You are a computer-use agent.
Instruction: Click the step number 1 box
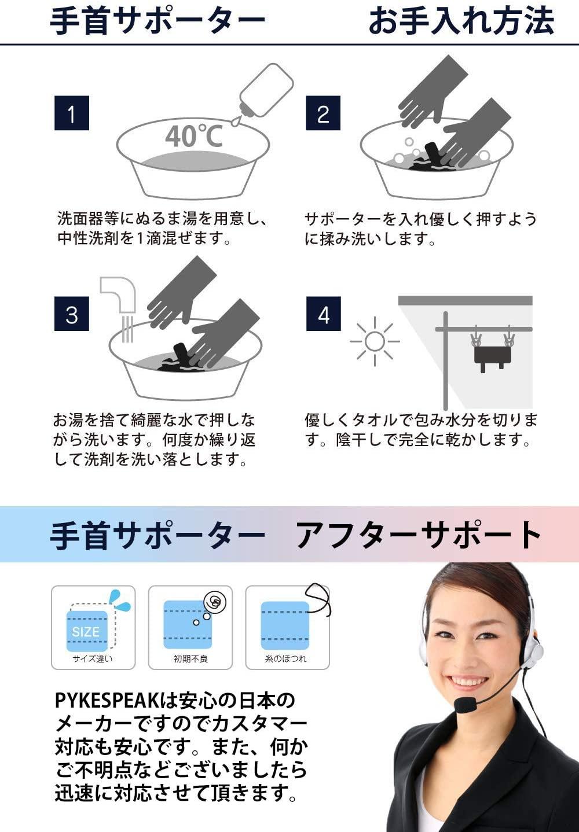(72, 113)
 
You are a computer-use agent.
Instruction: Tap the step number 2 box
(323, 113)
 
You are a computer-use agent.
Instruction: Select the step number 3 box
(72, 314)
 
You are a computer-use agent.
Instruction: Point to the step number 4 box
(323, 314)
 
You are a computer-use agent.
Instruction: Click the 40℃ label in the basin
(194, 136)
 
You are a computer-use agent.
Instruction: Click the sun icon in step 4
(375, 341)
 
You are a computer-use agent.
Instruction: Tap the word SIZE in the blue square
(86, 631)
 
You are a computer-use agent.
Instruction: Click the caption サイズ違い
(93, 659)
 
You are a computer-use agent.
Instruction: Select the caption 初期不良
(190, 659)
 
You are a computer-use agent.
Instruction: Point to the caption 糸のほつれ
(286, 659)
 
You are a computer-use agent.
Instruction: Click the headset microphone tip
(465, 704)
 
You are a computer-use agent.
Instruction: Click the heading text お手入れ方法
(461, 21)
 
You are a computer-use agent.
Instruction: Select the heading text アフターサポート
(419, 535)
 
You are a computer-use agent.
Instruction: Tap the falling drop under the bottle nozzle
(235, 121)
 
